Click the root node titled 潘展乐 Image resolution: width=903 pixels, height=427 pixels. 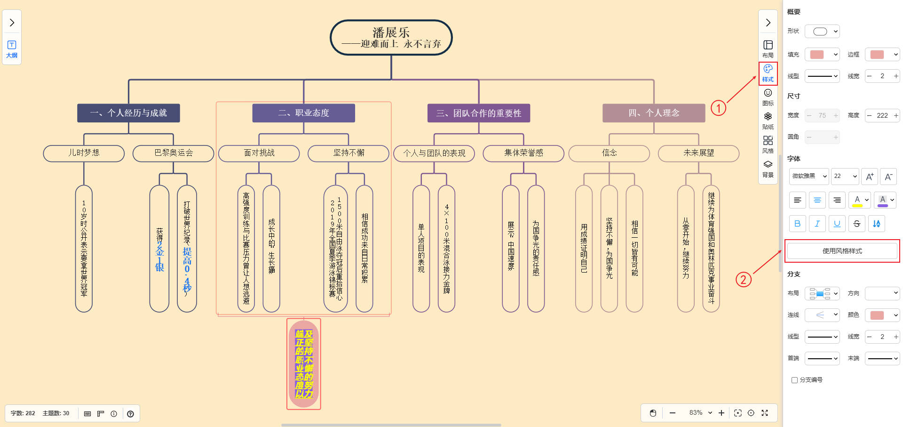point(391,38)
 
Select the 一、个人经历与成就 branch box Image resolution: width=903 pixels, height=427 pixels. point(128,113)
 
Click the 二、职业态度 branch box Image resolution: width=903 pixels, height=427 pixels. point(303,113)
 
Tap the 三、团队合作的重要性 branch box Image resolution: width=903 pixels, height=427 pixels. point(478,113)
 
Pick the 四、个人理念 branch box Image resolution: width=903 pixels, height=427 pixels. point(654,113)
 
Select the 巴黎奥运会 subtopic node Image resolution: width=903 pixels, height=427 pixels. point(174,153)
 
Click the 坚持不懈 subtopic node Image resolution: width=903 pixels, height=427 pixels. point(349,153)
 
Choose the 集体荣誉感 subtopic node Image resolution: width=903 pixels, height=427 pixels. point(523,153)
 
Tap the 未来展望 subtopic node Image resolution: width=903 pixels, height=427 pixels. point(698,153)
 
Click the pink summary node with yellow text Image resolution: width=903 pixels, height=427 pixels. point(304,364)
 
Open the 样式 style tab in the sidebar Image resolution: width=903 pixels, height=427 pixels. point(768,73)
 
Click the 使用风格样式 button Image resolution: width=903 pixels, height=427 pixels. point(842,251)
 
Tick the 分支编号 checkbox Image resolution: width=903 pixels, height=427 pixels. point(794,380)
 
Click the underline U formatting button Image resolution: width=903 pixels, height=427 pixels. point(837,224)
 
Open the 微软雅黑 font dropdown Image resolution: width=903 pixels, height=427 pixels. point(809,176)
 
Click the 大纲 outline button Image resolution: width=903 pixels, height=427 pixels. point(12,48)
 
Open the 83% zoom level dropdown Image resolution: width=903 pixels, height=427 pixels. point(700,413)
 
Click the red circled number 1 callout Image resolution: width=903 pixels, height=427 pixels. point(718,108)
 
